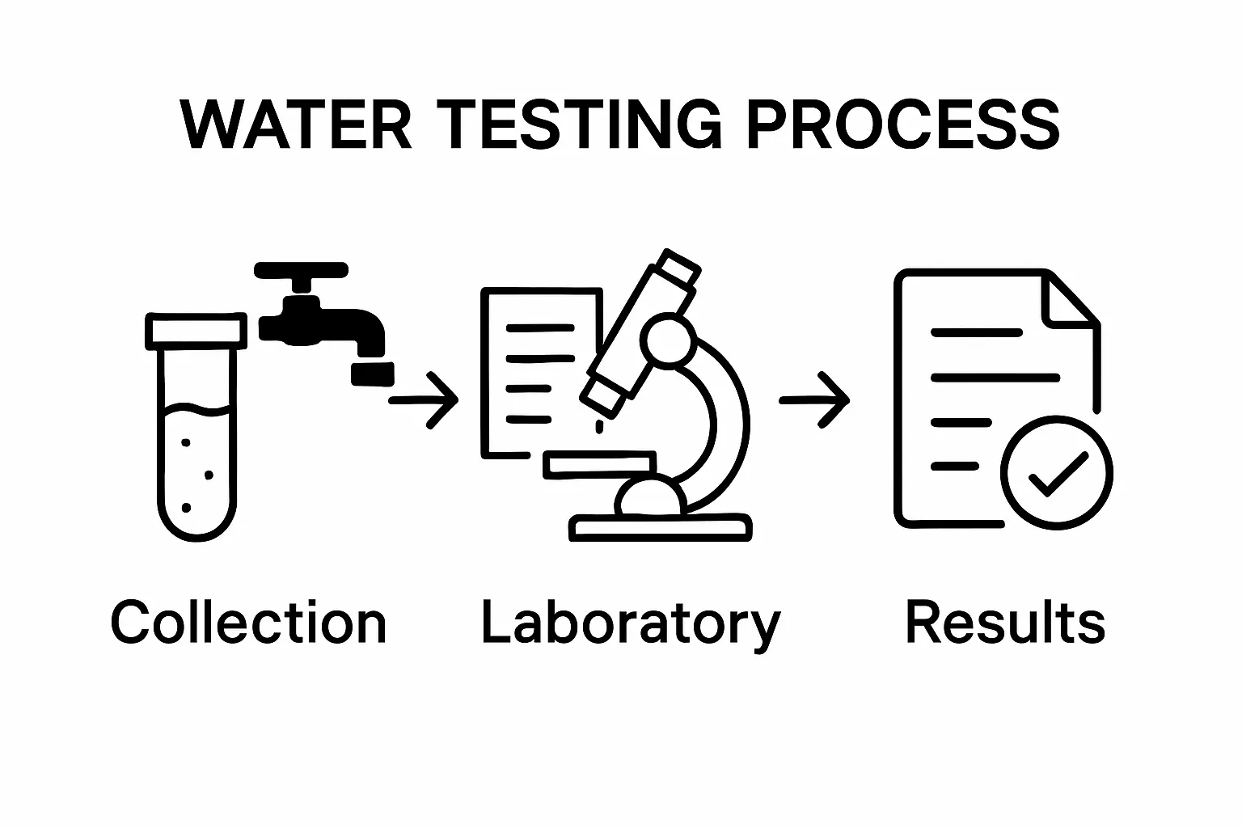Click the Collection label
(x=248, y=621)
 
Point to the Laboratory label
(x=632, y=624)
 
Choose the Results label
(x=1005, y=622)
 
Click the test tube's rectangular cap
(x=196, y=331)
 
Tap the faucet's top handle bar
(x=301, y=270)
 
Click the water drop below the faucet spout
(x=373, y=374)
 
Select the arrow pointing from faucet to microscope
(x=424, y=400)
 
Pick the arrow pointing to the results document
(x=814, y=400)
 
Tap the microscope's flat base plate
(x=661, y=528)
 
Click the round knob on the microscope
(x=668, y=340)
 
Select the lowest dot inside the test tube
(x=186, y=508)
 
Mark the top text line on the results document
(x=977, y=333)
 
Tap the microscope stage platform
(x=599, y=465)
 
